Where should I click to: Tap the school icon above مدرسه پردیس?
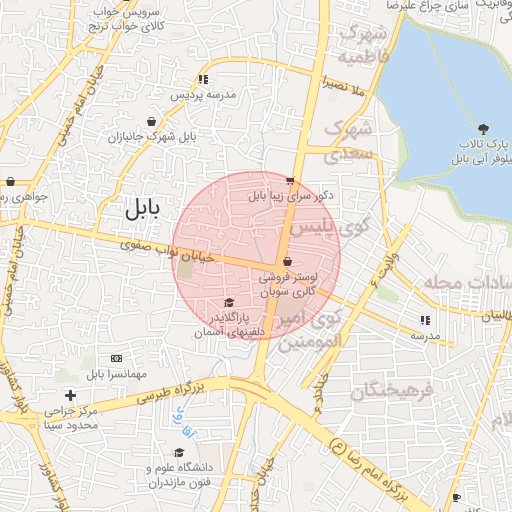[204, 79]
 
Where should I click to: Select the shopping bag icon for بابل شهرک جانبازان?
[151, 121]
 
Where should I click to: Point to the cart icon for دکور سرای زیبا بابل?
[290, 182]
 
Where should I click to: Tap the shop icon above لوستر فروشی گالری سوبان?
[288, 261]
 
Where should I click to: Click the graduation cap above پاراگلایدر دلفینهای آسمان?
[229, 302]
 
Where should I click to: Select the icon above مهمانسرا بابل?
[116, 358]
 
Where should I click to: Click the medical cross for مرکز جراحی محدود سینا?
[69, 396]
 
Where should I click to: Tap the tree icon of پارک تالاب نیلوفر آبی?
[484, 128]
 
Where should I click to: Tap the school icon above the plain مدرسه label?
[425, 321]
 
